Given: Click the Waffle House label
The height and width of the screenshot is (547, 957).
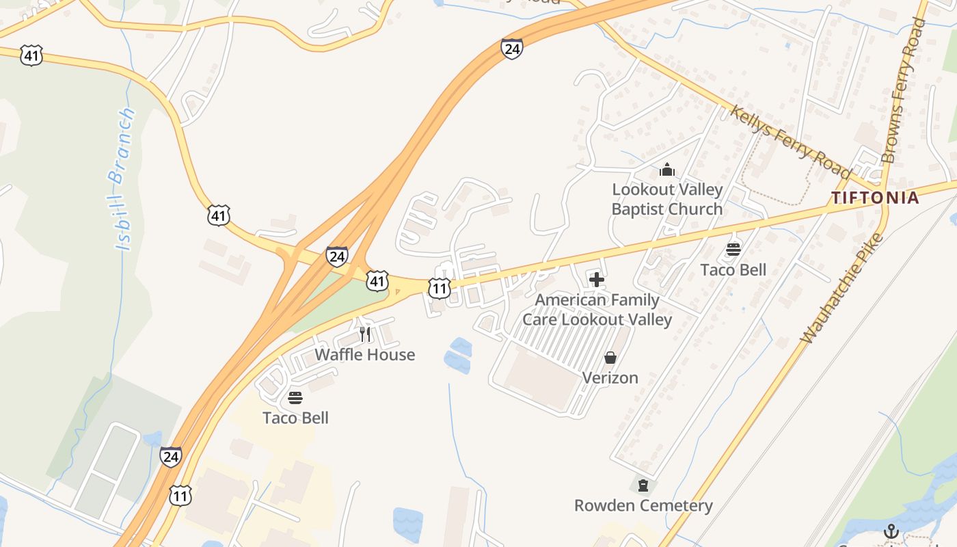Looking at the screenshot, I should pos(364,354).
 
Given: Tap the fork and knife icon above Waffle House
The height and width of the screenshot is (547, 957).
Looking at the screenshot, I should pos(365,334).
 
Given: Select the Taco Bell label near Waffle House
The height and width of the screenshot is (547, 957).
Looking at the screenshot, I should pos(295,418).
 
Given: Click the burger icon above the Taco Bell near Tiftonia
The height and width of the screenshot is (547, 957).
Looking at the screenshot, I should pos(733,250).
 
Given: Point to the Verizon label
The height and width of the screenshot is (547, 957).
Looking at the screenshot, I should pos(610,377).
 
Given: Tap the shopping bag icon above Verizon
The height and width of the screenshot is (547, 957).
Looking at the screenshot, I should pos(610,358).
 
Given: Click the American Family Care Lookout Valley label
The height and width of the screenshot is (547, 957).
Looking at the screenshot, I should pos(597,310).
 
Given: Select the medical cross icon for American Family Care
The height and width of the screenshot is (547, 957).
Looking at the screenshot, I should pos(597,279).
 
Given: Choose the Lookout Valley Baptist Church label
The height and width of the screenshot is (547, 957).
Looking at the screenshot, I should pos(666,199).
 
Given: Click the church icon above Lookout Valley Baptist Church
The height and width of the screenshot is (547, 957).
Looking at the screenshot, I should pos(667,170).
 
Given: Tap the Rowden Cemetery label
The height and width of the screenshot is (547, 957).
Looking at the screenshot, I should pos(643,505).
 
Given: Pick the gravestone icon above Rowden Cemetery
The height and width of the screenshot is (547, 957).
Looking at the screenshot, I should pos(643,485).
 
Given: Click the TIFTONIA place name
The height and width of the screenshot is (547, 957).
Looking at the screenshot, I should pos(875,198).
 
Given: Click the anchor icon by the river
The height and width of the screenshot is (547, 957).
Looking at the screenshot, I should pos(891,531).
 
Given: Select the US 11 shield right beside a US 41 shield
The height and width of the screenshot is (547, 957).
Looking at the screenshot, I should pos(439,288).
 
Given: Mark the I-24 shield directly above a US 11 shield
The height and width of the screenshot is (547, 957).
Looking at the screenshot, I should pos(171,456).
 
